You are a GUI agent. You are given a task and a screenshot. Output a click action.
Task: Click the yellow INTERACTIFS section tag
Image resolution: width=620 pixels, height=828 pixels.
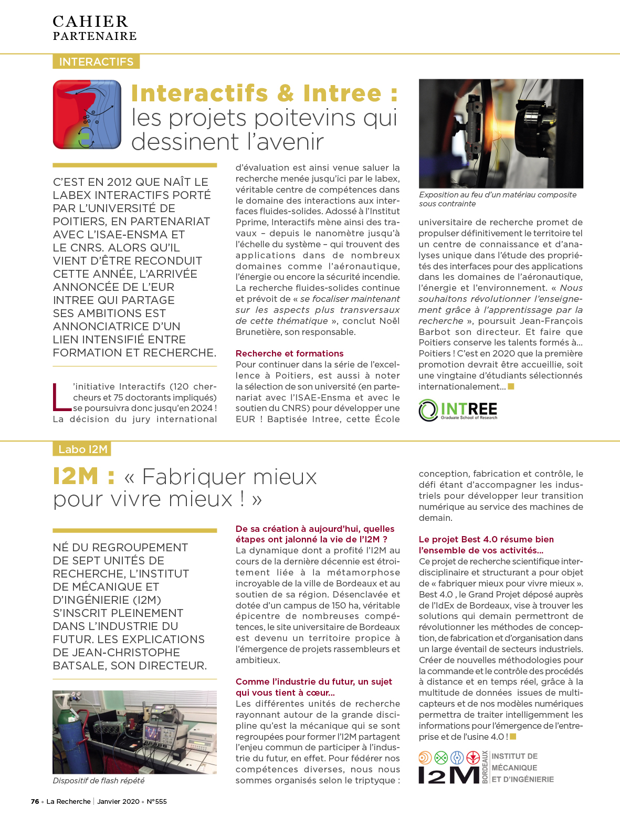96,62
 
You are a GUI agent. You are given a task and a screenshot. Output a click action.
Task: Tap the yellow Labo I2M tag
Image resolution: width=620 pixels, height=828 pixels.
82,449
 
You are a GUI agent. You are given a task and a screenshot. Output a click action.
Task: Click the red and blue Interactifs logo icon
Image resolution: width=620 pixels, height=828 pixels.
87,114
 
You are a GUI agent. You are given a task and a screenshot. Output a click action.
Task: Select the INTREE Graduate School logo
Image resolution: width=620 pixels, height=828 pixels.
458,410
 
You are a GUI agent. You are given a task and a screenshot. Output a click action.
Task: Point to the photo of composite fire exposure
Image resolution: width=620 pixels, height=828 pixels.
501,133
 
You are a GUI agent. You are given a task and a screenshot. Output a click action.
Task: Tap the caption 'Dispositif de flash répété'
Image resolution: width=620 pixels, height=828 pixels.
99,781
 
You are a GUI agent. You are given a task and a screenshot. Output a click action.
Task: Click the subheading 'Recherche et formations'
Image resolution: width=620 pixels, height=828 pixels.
289,353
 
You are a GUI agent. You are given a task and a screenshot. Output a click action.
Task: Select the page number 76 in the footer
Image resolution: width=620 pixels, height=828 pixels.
35,801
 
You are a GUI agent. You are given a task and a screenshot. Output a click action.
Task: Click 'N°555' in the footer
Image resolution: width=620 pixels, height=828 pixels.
156,801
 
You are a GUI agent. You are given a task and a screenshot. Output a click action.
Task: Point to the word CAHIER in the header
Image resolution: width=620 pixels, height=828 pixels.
90,22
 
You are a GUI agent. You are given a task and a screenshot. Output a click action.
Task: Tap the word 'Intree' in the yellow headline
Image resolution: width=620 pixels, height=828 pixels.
342,93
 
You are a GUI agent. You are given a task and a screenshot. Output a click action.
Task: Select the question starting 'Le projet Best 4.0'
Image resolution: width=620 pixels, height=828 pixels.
486,544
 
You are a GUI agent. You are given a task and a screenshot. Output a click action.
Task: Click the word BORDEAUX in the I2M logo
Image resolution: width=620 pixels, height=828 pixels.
485,767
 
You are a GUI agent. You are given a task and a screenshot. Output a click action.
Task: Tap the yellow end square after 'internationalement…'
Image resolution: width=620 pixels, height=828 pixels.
511,387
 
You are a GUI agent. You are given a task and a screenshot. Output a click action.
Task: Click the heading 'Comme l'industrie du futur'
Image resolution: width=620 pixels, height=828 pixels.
313,687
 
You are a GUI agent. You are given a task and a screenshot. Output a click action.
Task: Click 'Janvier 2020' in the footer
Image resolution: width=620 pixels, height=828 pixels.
118,801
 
